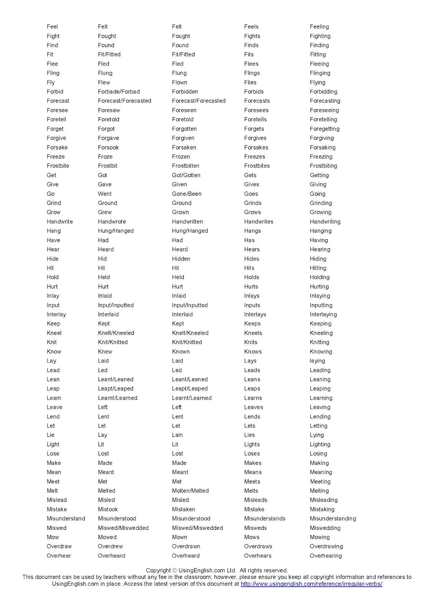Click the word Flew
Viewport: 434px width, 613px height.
click(104, 82)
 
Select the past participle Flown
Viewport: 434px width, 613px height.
click(180, 82)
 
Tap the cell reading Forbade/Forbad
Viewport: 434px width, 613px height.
click(119, 92)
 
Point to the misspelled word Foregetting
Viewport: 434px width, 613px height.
click(325, 129)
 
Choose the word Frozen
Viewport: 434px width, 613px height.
click(181, 157)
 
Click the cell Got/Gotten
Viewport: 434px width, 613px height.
click(186, 175)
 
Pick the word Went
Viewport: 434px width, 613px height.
click(105, 194)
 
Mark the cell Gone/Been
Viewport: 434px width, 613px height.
click(186, 194)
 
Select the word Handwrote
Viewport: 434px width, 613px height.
click(112, 221)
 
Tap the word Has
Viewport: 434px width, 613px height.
click(249, 240)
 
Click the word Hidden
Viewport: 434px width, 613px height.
click(181, 259)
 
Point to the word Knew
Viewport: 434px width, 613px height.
click(105, 351)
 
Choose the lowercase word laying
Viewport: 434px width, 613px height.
click(317, 361)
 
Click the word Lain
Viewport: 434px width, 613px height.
click(177, 435)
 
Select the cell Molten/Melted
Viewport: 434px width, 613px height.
click(190, 491)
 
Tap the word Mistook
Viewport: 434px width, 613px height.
click(108, 509)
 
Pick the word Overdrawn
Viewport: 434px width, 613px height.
click(186, 546)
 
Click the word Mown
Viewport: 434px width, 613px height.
click(180, 537)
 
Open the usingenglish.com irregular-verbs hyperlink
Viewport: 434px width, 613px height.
click(311, 584)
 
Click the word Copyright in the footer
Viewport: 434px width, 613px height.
click(158, 570)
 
